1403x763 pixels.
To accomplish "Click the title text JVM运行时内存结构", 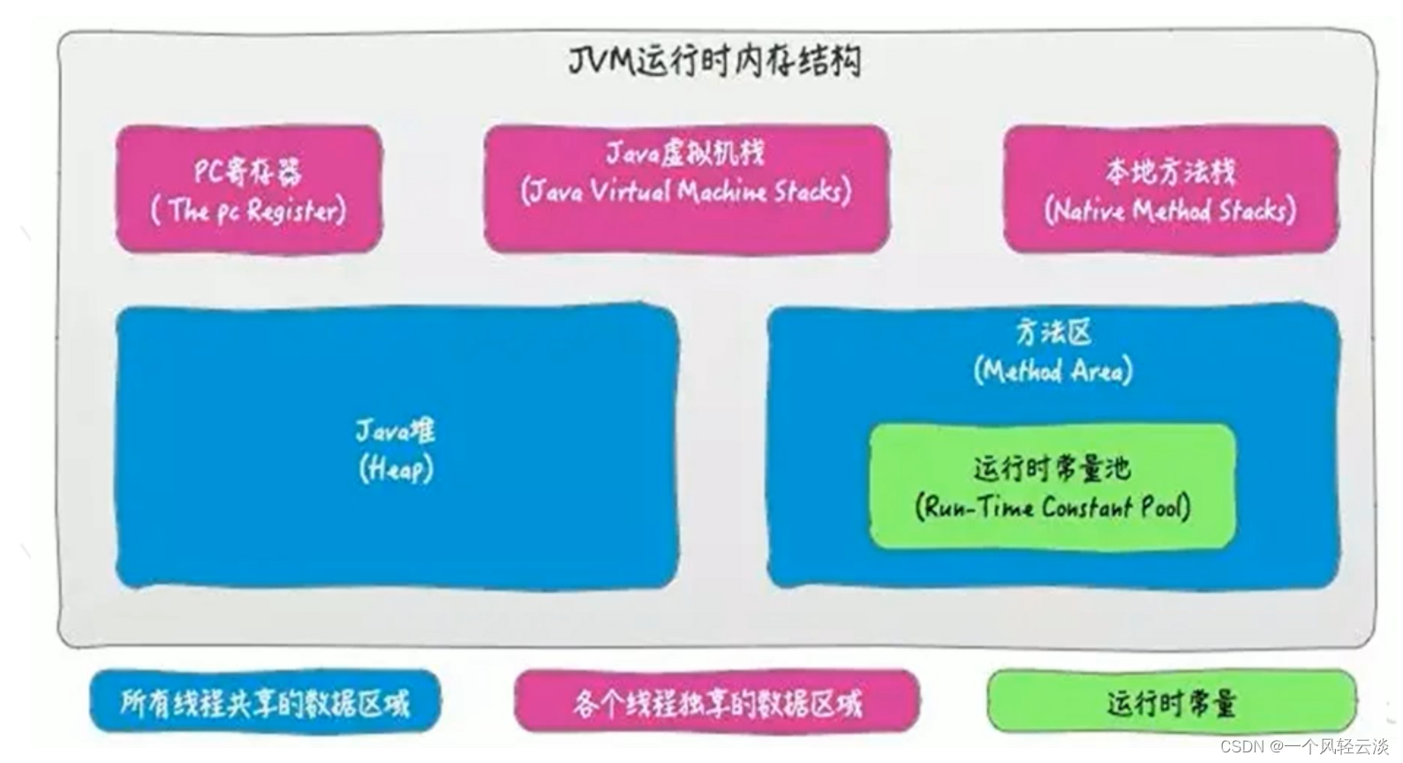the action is click(714, 62).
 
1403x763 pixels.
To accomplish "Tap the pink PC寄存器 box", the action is click(249, 189).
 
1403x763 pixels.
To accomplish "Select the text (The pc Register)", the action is click(248, 210).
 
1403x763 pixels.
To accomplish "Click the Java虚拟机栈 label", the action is click(686, 154).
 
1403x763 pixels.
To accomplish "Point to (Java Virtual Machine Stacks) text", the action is click(686, 191).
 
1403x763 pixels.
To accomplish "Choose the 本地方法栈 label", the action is click(1170, 172).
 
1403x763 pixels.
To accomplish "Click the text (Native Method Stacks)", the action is click(1170, 210).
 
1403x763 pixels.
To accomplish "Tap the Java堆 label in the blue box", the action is click(396, 432).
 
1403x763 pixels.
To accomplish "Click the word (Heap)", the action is click(396, 469).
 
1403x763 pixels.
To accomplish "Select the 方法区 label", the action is click(1053, 333).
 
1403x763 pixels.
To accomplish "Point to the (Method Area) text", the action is click(1053, 371).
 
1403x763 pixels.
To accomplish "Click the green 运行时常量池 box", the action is click(1052, 487).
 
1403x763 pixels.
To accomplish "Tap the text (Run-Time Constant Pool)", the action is click(1052, 507).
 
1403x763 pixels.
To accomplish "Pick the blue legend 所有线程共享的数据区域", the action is click(265, 701).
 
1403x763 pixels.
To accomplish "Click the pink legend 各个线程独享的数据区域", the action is click(717, 701).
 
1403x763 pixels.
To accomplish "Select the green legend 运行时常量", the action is click(1172, 701).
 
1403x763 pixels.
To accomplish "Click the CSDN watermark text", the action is click(1305, 746).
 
